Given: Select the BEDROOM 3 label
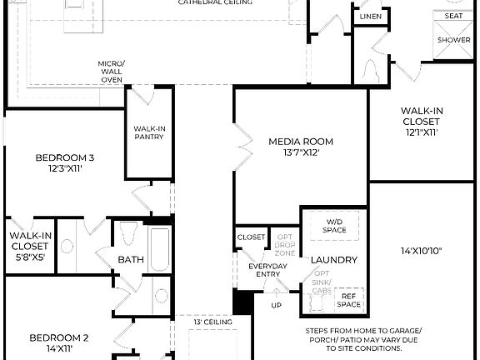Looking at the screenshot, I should point(64,157).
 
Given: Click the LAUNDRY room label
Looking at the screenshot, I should point(334,260).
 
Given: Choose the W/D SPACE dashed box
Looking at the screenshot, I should point(334,225).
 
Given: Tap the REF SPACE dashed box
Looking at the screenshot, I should point(349,298).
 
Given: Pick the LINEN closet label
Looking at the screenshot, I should point(371,17).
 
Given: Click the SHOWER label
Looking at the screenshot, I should point(453,39).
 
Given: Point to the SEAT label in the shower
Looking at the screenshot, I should point(453,16).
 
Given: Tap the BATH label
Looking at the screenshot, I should point(130,260).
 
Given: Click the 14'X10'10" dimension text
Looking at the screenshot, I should point(421,251).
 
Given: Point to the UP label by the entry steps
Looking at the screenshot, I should point(276,305).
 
